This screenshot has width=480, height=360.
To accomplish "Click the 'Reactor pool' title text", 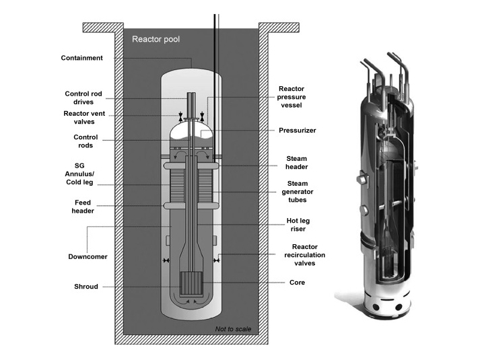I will (x=156, y=39).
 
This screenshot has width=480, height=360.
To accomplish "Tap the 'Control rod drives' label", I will (x=81, y=98).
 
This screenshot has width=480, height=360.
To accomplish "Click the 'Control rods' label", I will (x=85, y=141).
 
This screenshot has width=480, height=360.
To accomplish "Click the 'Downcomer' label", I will (x=83, y=256).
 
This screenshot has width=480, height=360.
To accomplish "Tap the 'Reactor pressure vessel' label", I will (x=292, y=97).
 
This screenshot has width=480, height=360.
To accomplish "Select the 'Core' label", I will (x=297, y=283).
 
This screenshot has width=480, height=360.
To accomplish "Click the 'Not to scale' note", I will (x=233, y=328).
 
